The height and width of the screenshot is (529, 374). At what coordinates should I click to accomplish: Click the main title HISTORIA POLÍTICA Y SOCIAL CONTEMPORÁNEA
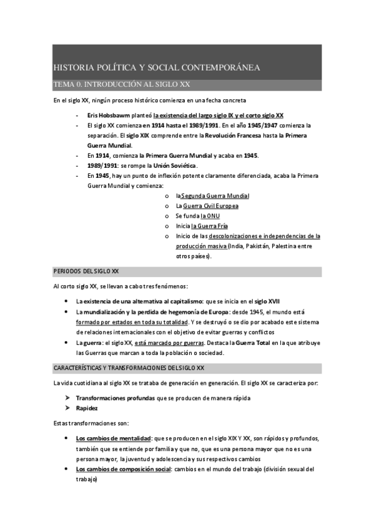coord(157,67)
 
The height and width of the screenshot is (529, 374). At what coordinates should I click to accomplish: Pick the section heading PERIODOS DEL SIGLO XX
coord(87,272)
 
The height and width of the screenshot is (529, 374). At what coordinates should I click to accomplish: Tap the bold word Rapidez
coord(87,408)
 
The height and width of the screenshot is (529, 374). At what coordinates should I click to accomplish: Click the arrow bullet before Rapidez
coord(67,408)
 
